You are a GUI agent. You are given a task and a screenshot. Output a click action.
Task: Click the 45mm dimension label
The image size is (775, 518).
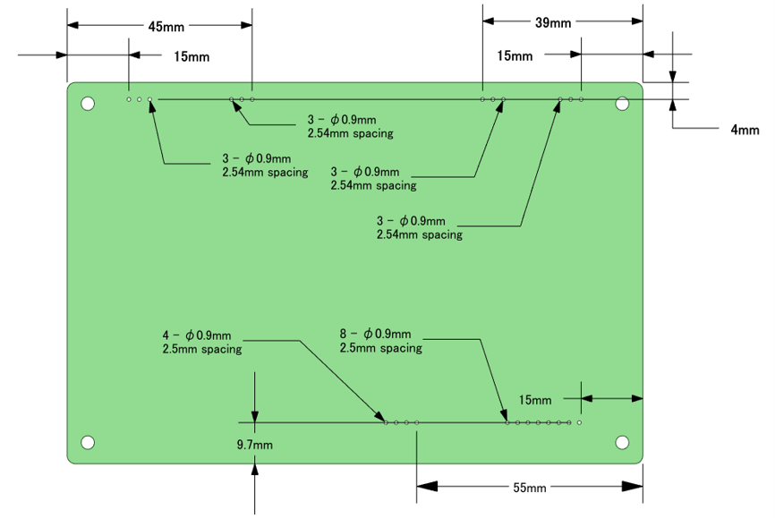166,27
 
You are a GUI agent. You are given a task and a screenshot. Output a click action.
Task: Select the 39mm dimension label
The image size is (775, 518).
553,22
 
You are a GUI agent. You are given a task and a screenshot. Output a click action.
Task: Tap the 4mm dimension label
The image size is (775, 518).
745,130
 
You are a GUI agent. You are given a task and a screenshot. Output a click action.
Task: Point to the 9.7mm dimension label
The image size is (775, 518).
254,445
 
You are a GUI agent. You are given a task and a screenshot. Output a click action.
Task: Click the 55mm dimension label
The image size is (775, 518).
530,488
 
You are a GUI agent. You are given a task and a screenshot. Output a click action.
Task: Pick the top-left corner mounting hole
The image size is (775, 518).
88,104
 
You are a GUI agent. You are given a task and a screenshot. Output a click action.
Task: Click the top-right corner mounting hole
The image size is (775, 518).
622,104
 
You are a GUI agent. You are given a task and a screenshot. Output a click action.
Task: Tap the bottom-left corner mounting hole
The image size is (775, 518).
88,442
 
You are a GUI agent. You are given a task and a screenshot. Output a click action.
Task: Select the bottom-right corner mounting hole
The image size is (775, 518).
622,442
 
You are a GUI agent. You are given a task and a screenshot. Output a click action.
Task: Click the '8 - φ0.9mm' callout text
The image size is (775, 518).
375,334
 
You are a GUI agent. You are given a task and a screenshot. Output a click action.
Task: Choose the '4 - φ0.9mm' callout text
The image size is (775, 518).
197,335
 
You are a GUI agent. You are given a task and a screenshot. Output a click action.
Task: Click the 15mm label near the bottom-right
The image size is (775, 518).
535,400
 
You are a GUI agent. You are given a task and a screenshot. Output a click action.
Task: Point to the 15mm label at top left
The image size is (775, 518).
192,57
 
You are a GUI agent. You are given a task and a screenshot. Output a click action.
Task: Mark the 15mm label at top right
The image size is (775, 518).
515,55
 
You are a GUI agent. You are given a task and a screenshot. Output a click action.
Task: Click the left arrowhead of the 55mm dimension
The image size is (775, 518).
427,487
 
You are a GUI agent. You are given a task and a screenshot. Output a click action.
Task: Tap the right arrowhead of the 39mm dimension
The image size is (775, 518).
637,21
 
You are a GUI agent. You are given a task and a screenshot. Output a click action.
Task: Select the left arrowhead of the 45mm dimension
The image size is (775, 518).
72,25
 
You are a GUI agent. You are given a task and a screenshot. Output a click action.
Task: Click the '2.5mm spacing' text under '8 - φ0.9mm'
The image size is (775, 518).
380,348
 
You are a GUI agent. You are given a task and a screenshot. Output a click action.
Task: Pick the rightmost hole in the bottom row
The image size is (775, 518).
579,422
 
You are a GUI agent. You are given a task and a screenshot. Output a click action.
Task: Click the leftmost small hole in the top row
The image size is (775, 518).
129,99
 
